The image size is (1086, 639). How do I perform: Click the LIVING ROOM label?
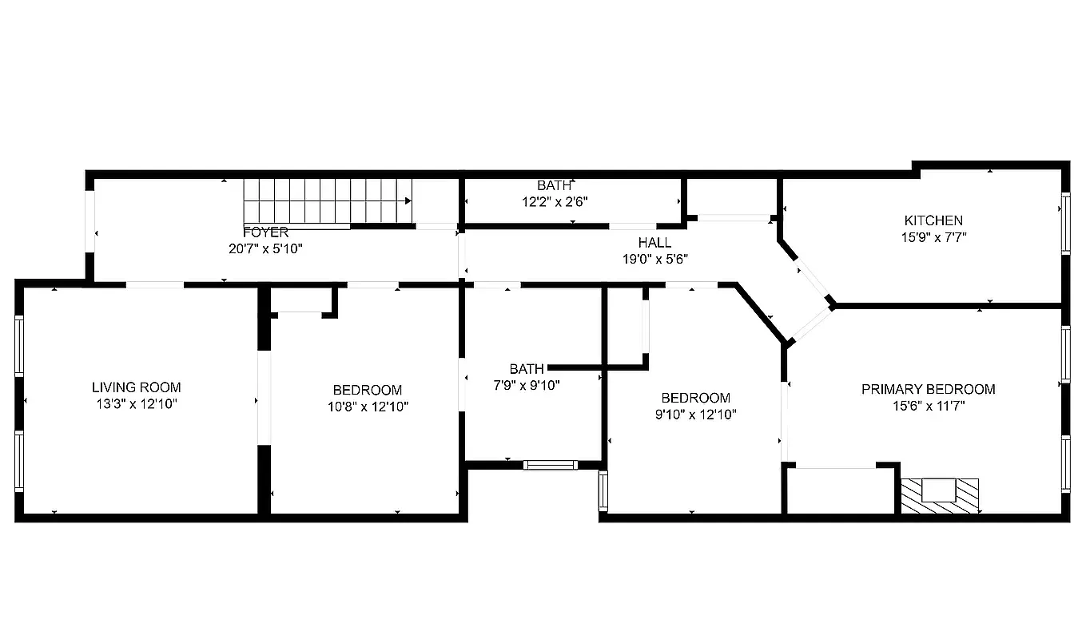(x=136, y=387)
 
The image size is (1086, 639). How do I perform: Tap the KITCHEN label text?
(x=933, y=220)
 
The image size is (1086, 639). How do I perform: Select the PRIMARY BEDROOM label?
(x=928, y=389)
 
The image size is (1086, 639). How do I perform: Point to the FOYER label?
(x=265, y=232)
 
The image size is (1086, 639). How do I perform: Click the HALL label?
(x=654, y=243)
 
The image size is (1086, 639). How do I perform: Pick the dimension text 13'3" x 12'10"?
(x=136, y=404)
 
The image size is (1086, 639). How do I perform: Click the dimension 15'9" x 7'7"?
(x=933, y=237)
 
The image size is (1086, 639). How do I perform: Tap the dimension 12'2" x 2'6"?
(x=555, y=202)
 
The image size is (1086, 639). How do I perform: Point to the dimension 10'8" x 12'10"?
(x=367, y=407)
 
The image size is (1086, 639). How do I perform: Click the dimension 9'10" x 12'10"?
(x=695, y=415)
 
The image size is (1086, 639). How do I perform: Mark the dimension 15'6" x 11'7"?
(x=928, y=406)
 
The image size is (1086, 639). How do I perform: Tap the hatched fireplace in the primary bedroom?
(x=939, y=495)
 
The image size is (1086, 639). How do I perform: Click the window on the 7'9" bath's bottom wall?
(x=550, y=465)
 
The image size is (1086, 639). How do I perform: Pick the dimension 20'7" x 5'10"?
(x=265, y=249)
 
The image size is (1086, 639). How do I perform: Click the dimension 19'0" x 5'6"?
(x=654, y=259)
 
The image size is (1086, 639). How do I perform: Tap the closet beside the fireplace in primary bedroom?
(x=841, y=490)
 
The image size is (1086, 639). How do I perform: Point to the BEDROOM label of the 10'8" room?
(x=367, y=390)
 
